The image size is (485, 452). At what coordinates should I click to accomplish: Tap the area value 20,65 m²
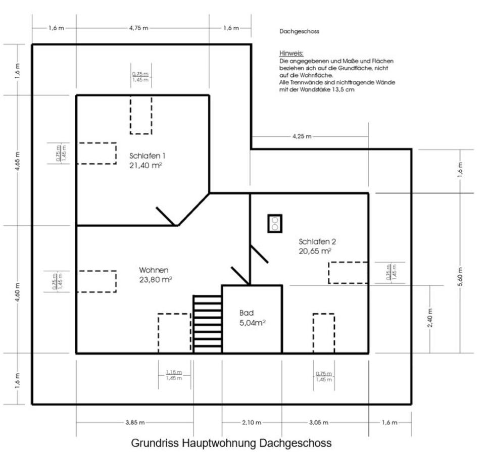(315, 250)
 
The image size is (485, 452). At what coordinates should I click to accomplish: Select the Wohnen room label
(154, 270)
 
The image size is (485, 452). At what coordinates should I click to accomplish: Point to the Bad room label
(247, 313)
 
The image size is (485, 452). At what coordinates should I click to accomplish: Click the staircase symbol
(208, 324)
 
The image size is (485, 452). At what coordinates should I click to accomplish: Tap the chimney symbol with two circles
(275, 223)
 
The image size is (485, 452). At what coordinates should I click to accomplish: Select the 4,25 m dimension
(302, 136)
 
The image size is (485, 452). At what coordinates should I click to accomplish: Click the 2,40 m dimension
(430, 318)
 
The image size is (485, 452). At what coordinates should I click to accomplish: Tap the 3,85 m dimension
(135, 422)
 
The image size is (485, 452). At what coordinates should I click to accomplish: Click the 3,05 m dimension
(318, 422)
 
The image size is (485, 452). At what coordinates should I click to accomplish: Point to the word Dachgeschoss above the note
(299, 31)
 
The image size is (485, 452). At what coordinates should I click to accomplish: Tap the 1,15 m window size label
(174, 372)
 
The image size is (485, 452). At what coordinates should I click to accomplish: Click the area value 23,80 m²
(156, 279)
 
